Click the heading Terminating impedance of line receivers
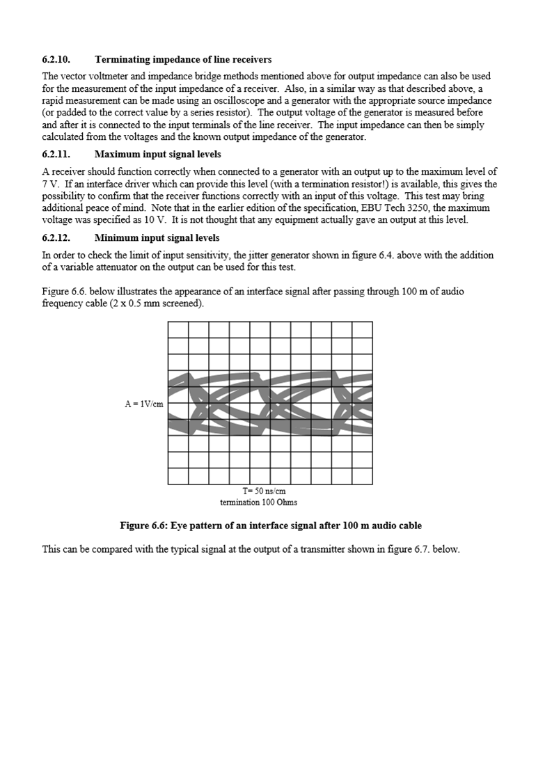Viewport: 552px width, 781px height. click(x=183, y=59)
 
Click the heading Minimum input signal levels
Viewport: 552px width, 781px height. click(x=157, y=238)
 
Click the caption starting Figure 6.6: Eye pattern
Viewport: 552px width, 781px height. click(x=270, y=526)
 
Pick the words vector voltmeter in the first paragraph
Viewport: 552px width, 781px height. click(x=93, y=76)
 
